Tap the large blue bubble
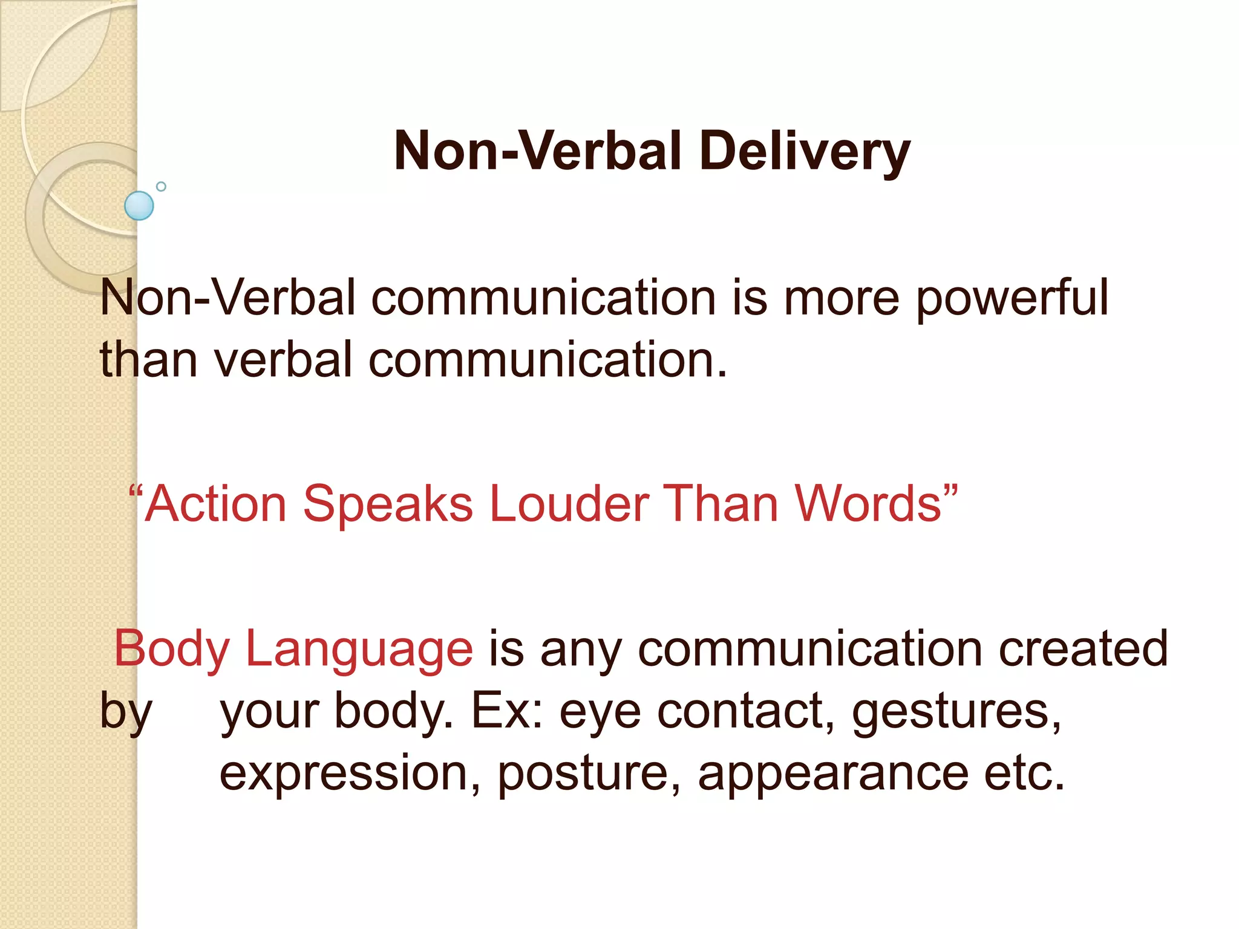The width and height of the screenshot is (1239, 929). coord(139,206)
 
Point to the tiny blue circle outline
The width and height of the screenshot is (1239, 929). coord(161,186)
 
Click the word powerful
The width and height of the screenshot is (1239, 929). coord(1012,299)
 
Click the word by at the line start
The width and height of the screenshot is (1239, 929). coord(126,712)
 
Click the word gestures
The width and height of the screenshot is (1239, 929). coord(956,712)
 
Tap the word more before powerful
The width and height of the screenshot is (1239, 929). coord(842,299)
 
